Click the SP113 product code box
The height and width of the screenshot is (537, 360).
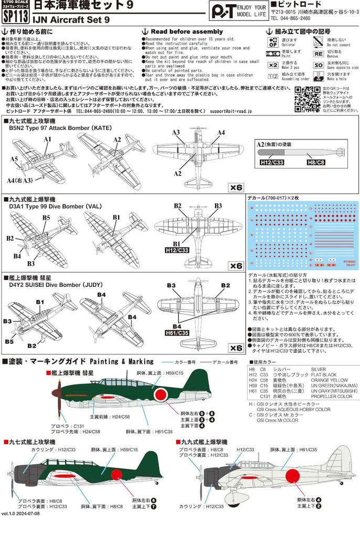pyautogui.click(x=13, y=15)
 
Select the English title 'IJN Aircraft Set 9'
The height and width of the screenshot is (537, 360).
pyautogui.click(x=67, y=21)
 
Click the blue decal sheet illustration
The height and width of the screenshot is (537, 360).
pyautogui.click(x=302, y=235)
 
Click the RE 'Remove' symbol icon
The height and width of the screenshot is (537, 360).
pyautogui.click(x=318, y=53)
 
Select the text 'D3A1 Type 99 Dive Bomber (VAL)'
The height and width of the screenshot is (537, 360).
pyautogui.click(x=54, y=207)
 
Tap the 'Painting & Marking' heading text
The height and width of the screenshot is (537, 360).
pyautogui.click(x=122, y=361)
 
